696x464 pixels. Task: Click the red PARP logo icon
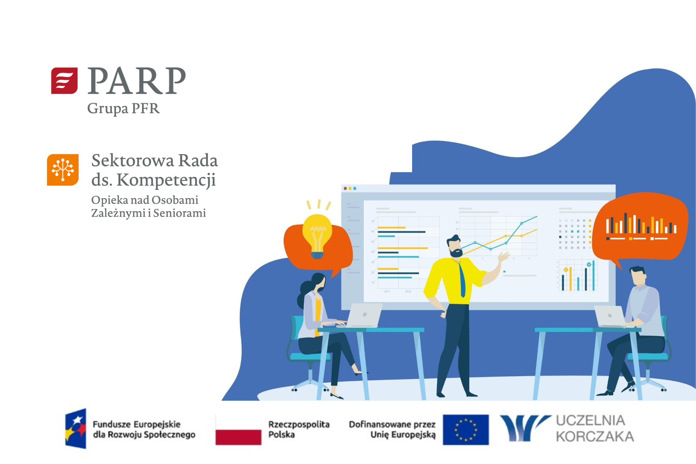click(64, 81)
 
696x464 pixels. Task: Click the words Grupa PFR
click(123, 109)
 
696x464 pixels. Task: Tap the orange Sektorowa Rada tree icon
click(63, 170)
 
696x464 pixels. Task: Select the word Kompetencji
click(166, 180)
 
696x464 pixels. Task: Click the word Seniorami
click(180, 213)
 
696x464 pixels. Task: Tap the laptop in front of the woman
click(362, 315)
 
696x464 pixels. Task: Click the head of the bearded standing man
click(455, 246)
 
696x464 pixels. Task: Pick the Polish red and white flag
click(238, 430)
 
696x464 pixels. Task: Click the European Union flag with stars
click(466, 430)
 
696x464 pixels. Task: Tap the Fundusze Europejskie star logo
click(76, 428)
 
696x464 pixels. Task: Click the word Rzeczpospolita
click(299, 424)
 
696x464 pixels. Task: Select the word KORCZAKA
click(595, 437)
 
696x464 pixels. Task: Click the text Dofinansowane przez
click(392, 424)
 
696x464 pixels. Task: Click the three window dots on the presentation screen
click(350, 188)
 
